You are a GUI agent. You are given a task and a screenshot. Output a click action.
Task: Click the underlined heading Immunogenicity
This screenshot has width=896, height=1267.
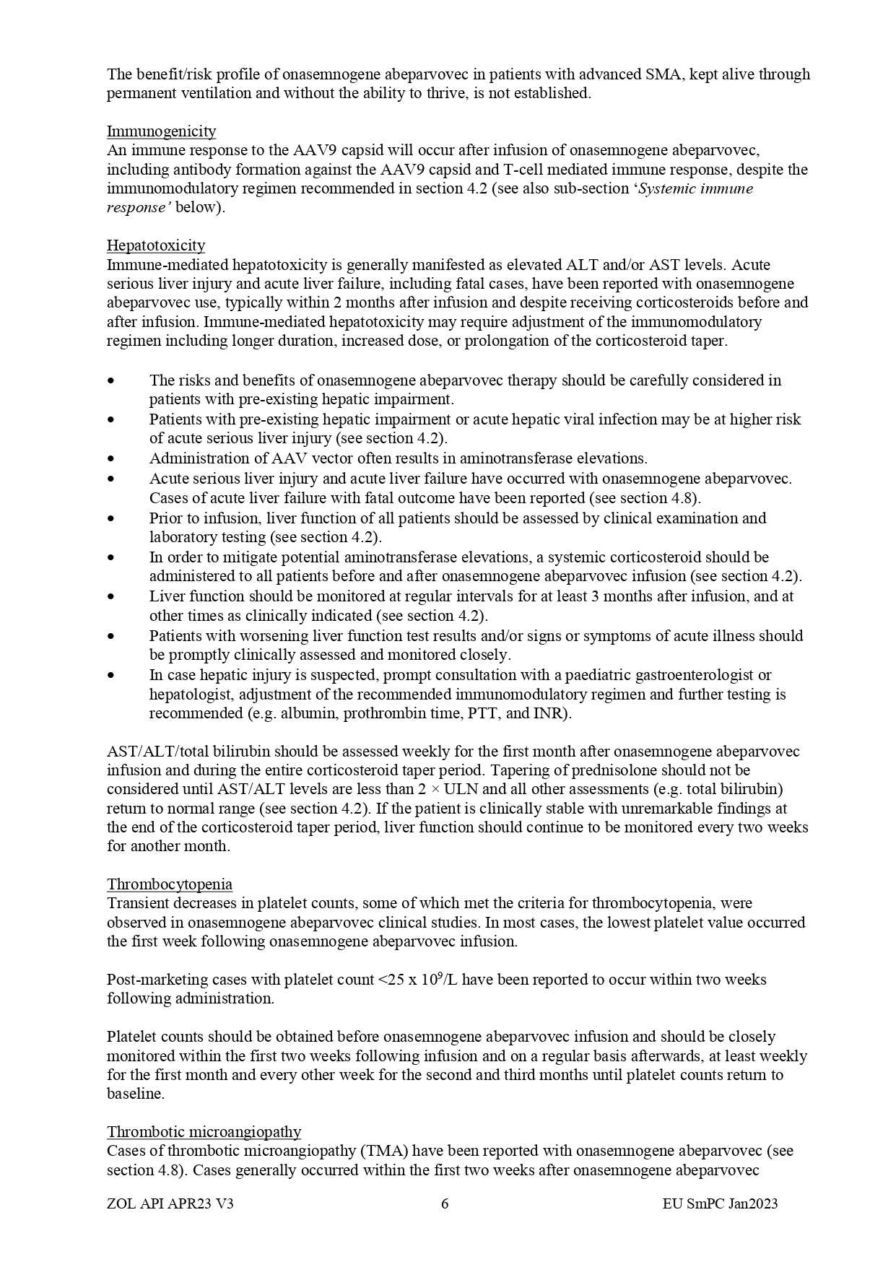click(x=161, y=131)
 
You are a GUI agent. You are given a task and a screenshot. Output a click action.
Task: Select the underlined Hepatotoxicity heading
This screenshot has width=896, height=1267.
click(x=156, y=245)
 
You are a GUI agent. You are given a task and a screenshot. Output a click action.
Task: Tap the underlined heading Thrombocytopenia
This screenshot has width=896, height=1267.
click(x=170, y=884)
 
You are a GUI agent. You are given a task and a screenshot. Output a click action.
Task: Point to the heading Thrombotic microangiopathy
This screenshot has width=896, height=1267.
click(x=204, y=1131)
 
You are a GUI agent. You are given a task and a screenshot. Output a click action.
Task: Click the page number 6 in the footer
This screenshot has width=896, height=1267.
click(x=445, y=1203)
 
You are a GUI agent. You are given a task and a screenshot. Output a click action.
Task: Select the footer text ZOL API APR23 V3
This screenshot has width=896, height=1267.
click(x=170, y=1203)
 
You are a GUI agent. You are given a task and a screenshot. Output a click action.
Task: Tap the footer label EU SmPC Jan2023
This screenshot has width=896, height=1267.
click(x=720, y=1203)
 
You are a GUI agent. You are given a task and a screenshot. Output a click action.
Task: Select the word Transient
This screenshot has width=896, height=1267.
click(x=138, y=903)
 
